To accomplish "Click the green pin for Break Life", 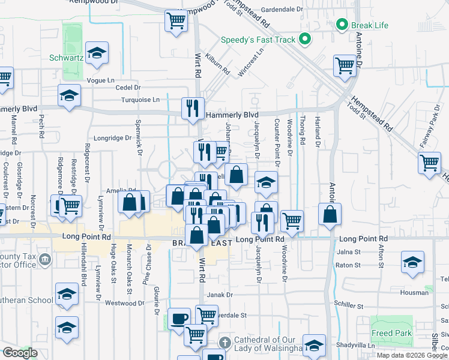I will click(342, 25).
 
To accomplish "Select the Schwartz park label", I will click(66, 59).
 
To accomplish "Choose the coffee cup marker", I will click(179, 318).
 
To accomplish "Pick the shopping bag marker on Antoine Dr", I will click(330, 214).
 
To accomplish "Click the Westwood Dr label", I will click(125, 303).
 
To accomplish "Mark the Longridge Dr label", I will click(113, 138).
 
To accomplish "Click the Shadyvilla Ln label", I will click(356, 346).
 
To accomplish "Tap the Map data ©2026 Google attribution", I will click(411, 355).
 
